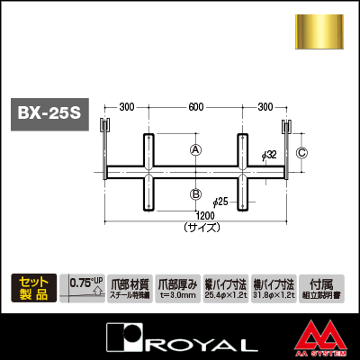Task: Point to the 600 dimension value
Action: coord(194,107)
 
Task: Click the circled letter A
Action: coord(195,151)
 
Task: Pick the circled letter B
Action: coord(195,193)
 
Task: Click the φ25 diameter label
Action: coord(221,200)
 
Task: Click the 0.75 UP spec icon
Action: coord(85,287)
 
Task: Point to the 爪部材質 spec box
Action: coord(129,287)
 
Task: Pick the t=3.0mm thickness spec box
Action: coord(175,287)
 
